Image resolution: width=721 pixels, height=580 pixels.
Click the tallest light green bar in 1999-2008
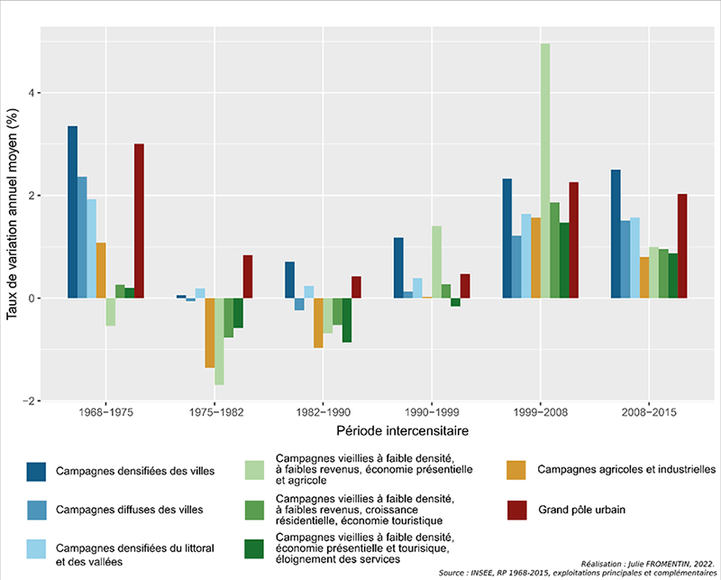(x=545, y=171)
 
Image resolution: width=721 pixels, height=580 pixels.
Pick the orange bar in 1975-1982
(x=209, y=333)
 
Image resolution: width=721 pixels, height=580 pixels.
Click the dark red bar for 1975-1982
(x=247, y=277)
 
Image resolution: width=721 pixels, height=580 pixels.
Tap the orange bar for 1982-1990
(x=318, y=323)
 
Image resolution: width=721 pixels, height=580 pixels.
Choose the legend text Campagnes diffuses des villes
(x=128, y=510)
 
